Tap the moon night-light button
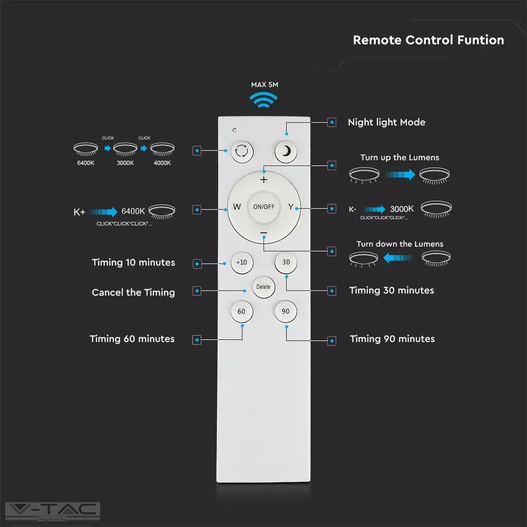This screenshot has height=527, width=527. [286, 152]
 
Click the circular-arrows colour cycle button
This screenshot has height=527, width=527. [241, 152]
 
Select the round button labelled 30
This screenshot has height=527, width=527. [286, 262]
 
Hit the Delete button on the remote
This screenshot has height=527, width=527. [263, 287]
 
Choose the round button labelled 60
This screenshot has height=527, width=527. [241, 311]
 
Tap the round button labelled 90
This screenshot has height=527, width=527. [286, 311]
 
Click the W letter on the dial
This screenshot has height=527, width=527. [237, 207]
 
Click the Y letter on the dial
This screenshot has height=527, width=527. [290, 207]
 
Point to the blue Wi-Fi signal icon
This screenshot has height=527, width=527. [263, 100]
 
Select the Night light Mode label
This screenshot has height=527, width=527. [386, 122]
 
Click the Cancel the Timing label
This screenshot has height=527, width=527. [133, 292]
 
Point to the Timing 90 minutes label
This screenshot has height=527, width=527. [392, 339]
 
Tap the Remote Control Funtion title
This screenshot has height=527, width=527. [428, 40]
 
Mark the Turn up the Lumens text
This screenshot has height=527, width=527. [399, 157]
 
